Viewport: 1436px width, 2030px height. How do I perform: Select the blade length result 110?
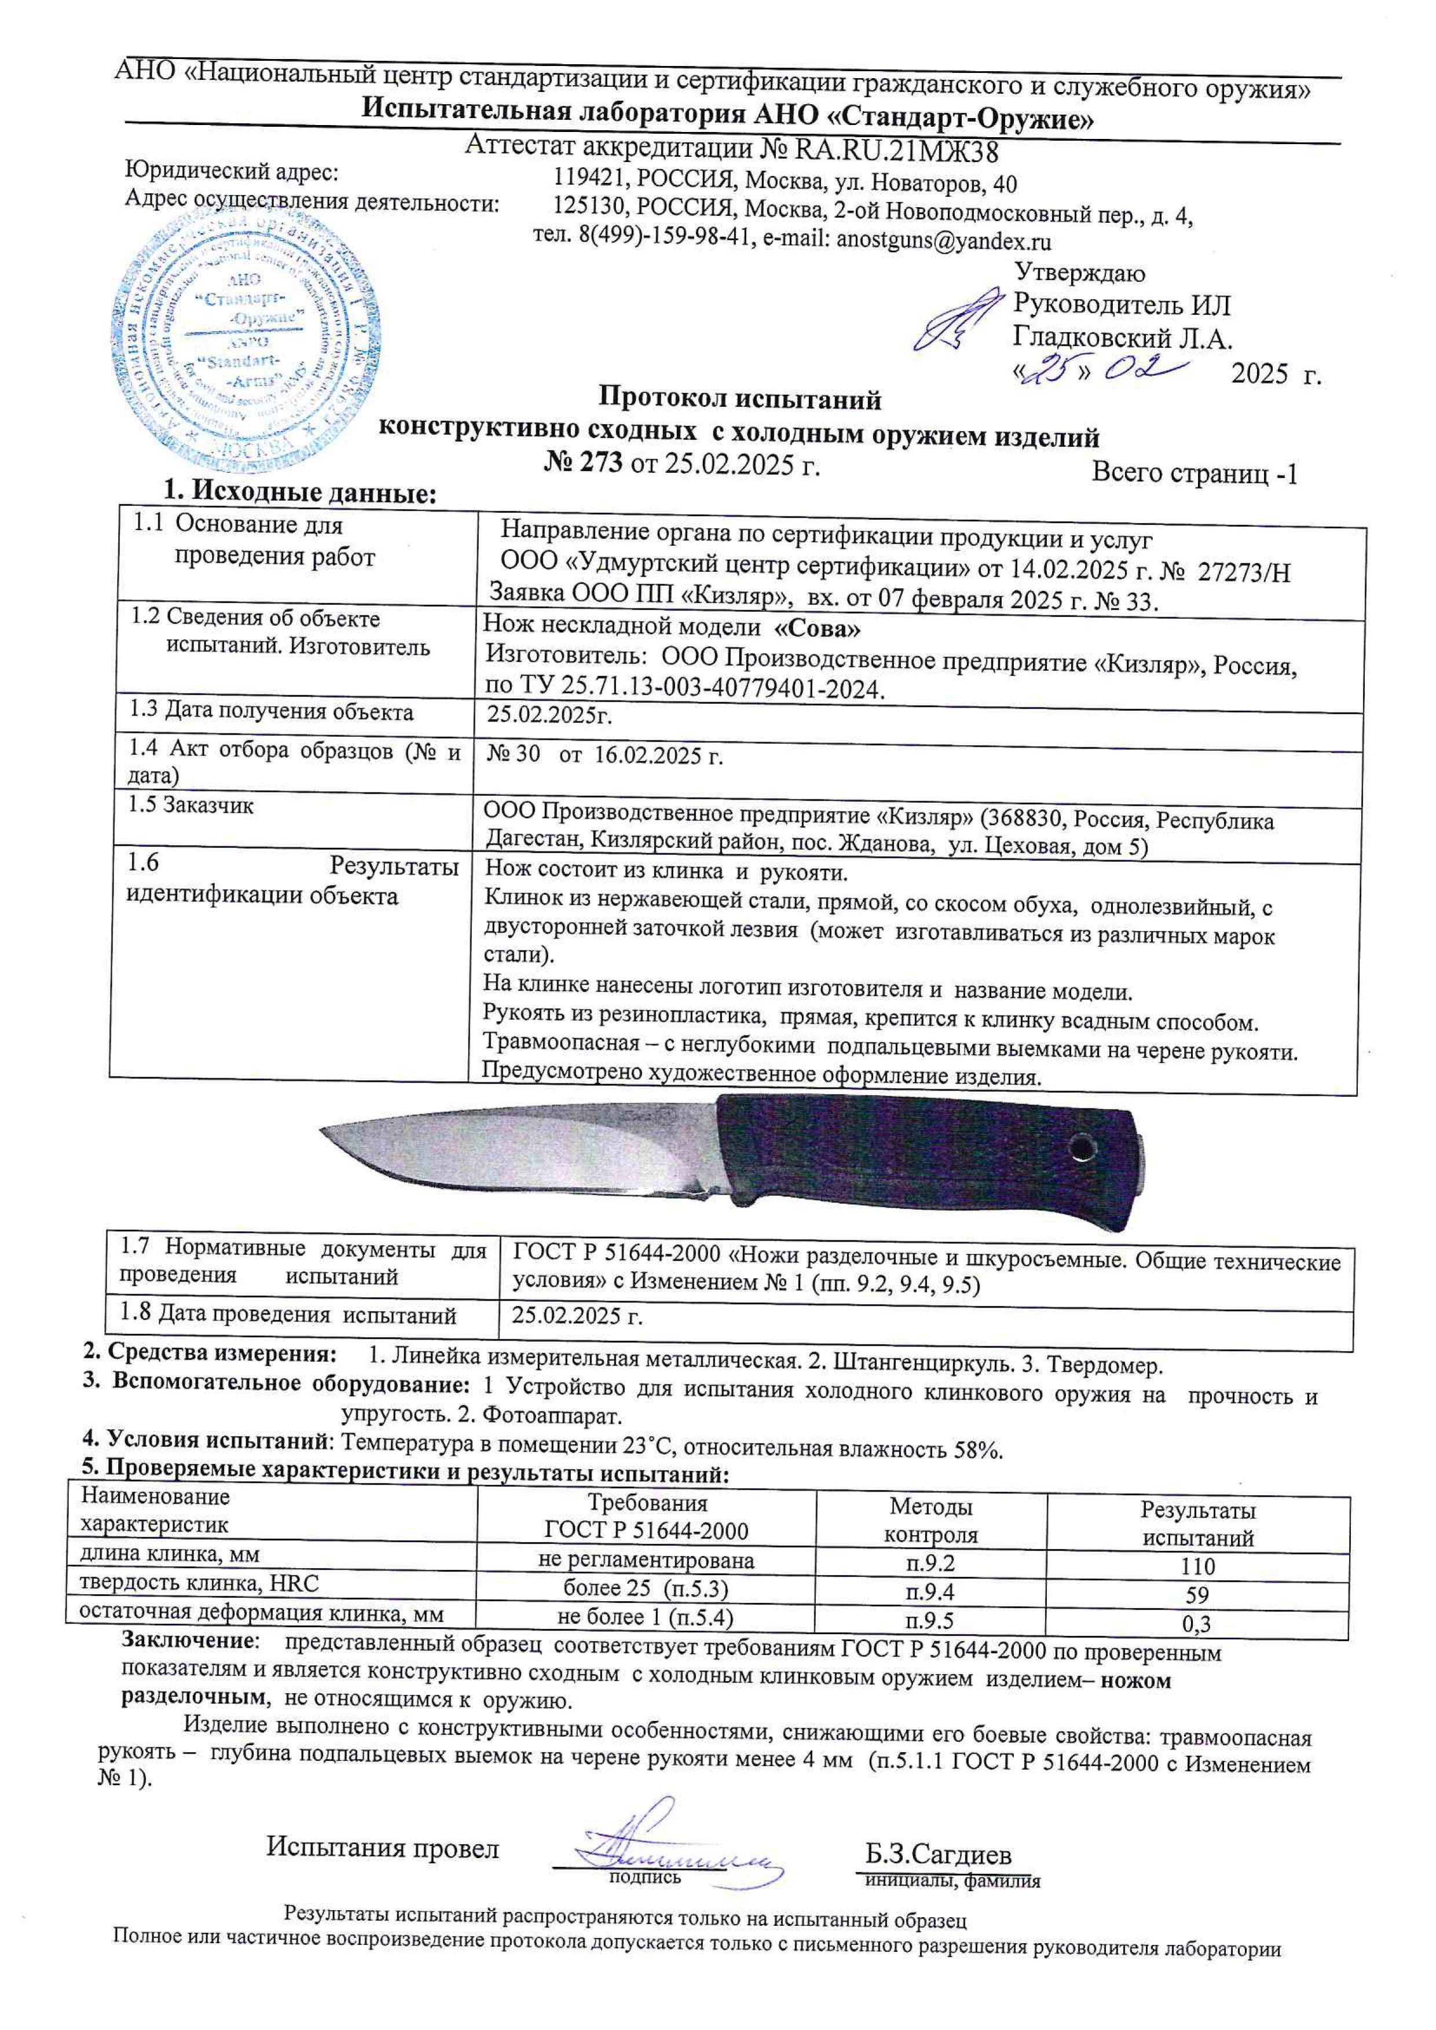coord(1198,1567)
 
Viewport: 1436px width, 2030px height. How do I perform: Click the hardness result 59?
coord(1198,1596)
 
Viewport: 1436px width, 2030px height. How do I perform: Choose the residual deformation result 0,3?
coord(1198,1624)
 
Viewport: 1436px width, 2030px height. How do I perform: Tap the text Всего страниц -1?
coord(1195,474)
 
